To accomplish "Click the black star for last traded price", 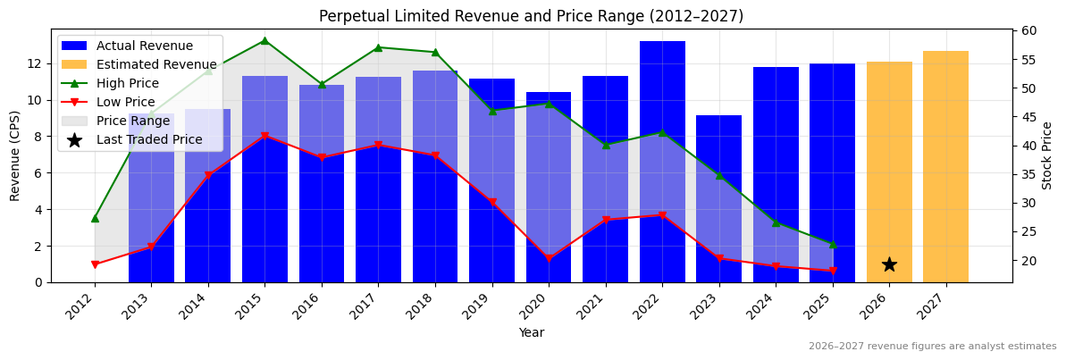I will (889, 264).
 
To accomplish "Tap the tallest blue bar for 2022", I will (662, 162).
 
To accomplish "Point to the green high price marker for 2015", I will (264, 40).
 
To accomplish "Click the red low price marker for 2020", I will (549, 259).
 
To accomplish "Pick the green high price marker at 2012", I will (95, 218).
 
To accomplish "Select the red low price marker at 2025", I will (833, 271).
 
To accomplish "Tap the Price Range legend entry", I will (132, 121).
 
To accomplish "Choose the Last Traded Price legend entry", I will (149, 139).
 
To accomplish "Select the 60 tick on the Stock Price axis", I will (1028, 30).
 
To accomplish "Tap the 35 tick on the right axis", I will (1028, 174).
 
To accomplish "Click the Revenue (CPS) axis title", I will (15, 156).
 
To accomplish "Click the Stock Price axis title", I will (1047, 156).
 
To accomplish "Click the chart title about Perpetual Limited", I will (531, 16).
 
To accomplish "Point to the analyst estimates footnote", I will (932, 347).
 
